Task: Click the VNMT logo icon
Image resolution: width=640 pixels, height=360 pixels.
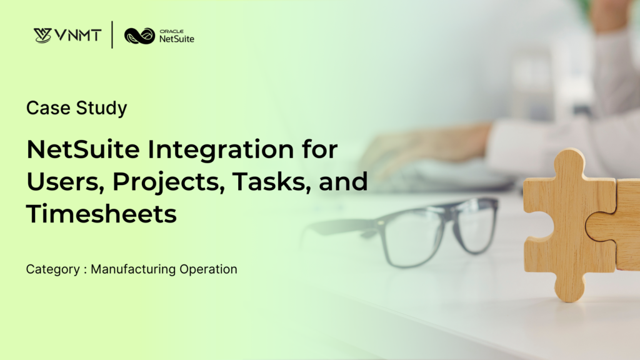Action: pyautogui.click(x=42, y=35)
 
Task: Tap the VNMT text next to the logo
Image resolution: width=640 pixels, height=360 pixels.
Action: pyautogui.click(x=77, y=35)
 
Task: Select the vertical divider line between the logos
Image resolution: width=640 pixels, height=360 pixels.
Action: pyautogui.click(x=112, y=35)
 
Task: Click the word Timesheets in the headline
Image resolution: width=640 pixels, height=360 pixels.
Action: pyautogui.click(x=101, y=214)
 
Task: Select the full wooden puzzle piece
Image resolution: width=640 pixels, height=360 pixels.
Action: pyautogui.click(x=566, y=225)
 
